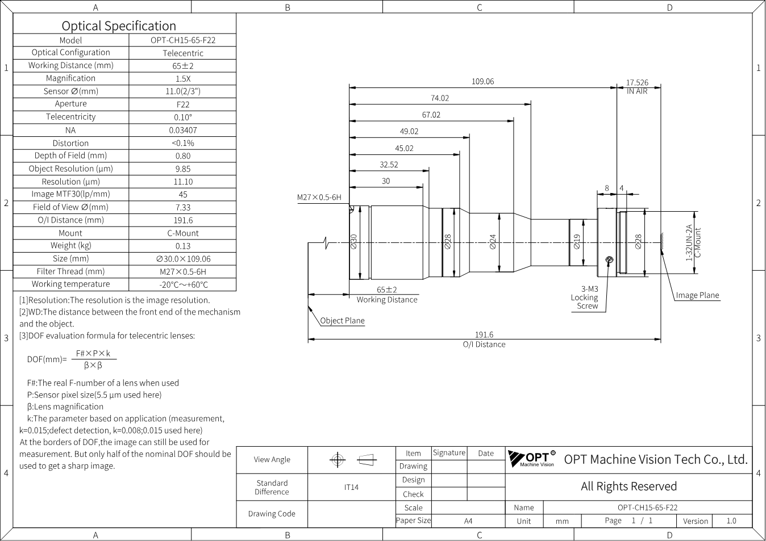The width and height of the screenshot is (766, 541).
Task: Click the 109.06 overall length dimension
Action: click(482, 81)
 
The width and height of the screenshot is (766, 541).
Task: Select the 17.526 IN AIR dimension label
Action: click(637, 87)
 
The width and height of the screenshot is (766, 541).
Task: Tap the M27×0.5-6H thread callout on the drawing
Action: click(319, 197)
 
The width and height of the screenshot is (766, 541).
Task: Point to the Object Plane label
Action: click(342, 321)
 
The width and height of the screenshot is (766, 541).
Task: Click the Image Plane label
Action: click(698, 295)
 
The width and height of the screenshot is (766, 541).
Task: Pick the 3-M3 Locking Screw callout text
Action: click(585, 297)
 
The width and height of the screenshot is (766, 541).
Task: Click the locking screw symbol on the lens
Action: click(609, 260)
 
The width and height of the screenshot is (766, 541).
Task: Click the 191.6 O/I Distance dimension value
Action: click(484, 335)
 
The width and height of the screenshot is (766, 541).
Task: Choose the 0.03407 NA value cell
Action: click(183, 130)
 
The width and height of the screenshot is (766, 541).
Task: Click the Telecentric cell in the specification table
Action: click(183, 53)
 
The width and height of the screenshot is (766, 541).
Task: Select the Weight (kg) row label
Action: click(71, 246)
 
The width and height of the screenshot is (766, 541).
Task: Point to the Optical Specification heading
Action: click(119, 26)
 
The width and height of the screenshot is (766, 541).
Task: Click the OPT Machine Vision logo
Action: click(532, 459)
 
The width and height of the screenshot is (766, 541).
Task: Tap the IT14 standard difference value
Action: click(351, 487)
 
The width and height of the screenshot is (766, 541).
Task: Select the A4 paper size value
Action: click(468, 521)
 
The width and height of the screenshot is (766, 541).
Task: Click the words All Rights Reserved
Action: click(628, 486)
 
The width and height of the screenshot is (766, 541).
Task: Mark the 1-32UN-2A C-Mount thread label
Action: click(693, 242)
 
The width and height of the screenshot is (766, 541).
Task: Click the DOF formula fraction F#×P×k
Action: click(93, 354)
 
